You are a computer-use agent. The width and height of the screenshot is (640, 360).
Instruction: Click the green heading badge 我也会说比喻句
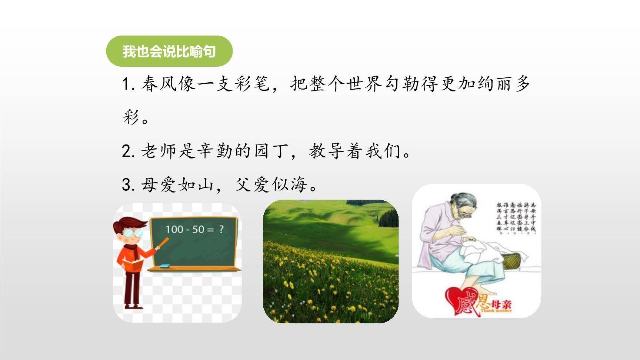click(169, 51)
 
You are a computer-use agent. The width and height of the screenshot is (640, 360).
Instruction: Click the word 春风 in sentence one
click(160, 84)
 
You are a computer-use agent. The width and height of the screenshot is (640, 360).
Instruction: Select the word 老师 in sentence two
click(160, 151)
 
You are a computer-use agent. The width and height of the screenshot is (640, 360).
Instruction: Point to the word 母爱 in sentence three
click(160, 184)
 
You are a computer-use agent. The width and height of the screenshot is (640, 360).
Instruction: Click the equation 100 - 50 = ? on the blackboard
click(194, 229)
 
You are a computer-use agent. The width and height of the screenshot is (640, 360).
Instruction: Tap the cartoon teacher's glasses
click(133, 233)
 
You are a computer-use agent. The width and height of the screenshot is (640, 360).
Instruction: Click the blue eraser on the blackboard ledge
click(165, 265)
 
